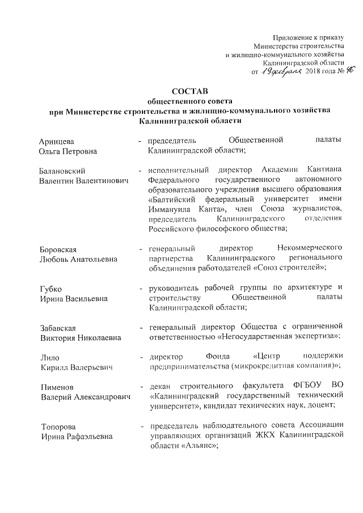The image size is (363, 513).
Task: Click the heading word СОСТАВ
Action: [x=190, y=91]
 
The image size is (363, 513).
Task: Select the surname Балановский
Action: [x=64, y=171]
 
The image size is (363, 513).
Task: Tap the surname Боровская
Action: [x=58, y=249]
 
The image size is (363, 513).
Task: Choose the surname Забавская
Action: [x=58, y=328]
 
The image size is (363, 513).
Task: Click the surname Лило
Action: [x=49, y=358]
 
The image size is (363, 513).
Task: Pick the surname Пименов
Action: [x=57, y=387]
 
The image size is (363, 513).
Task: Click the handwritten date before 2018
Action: [x=281, y=72]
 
